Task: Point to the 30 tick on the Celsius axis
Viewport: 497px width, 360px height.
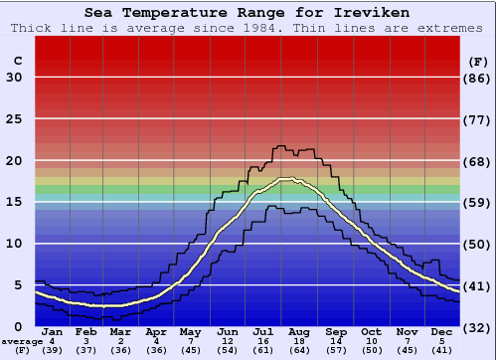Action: (14, 78)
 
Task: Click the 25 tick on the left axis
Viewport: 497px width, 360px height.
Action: (14, 119)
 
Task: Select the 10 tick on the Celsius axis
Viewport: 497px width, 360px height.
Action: (14, 244)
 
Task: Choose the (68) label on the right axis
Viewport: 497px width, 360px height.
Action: (478, 161)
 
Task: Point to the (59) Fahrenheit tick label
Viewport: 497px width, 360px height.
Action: (478, 203)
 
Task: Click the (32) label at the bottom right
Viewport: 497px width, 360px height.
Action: (478, 327)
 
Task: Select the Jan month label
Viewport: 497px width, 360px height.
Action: (53, 332)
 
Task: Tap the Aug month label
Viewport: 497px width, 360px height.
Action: (298, 332)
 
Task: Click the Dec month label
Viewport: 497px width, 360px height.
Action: (442, 332)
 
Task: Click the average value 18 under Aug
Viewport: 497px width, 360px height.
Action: (298, 341)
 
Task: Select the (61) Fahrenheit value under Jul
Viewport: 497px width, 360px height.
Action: (263, 350)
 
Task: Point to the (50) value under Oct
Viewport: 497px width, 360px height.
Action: (371, 350)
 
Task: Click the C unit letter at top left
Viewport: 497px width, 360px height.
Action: (17, 61)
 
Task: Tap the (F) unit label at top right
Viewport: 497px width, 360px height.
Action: (477, 61)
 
